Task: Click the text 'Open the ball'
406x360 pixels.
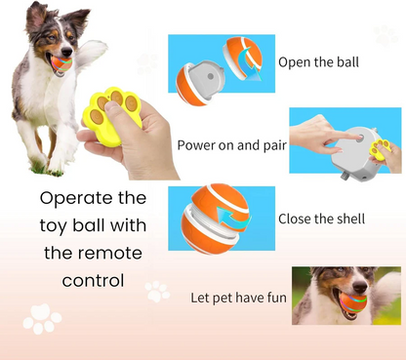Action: [x=318, y=62]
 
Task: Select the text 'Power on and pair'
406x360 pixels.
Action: [x=230, y=145]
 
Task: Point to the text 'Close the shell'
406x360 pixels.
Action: [x=321, y=219]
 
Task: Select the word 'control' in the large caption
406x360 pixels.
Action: [x=94, y=281]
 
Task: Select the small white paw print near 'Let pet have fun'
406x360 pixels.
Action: [x=156, y=290]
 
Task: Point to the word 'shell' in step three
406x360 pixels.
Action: [x=348, y=219]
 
